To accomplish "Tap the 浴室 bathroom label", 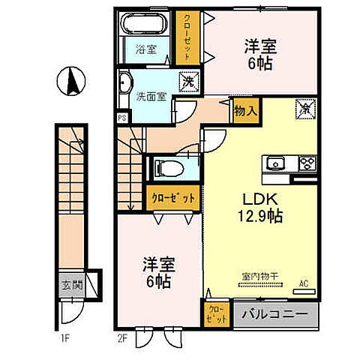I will (x=146, y=49).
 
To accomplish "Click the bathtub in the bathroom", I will (x=145, y=25).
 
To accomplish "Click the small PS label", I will (x=121, y=118).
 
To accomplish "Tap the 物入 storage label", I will (x=246, y=111).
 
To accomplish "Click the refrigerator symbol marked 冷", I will (x=305, y=108).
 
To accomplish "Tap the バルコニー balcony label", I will (x=275, y=315).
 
